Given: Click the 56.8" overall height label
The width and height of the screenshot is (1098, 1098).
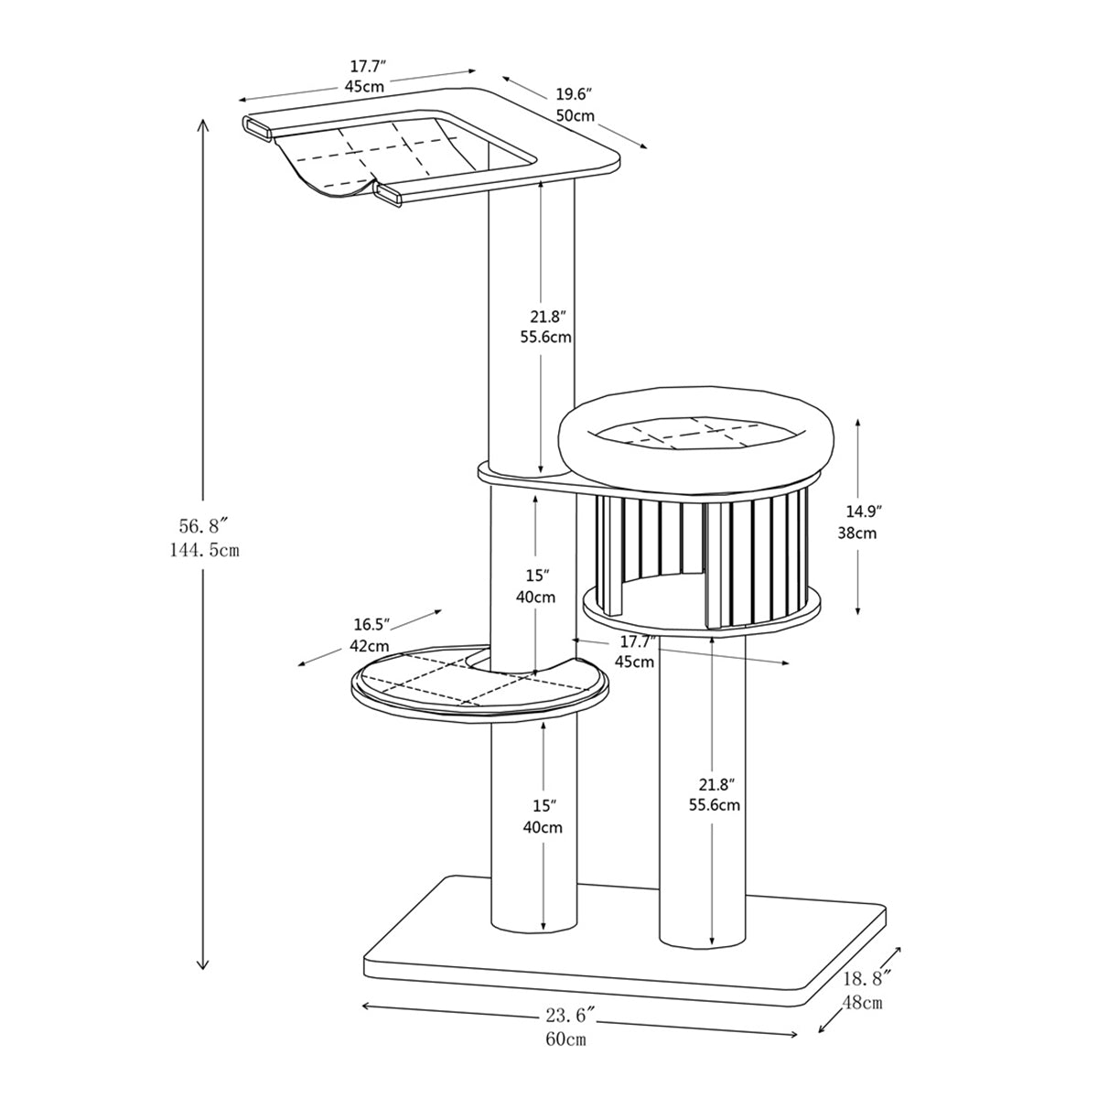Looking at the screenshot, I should coord(202,525).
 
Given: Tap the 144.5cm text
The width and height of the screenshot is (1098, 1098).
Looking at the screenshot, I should coord(202,550).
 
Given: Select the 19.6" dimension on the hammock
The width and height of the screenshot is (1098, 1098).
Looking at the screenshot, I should coord(575,94).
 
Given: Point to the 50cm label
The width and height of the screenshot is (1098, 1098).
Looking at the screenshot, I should coord(576,116).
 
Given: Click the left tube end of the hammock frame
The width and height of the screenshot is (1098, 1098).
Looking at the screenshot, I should coord(258,129).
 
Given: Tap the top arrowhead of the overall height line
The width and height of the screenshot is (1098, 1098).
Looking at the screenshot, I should coord(203,124).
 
